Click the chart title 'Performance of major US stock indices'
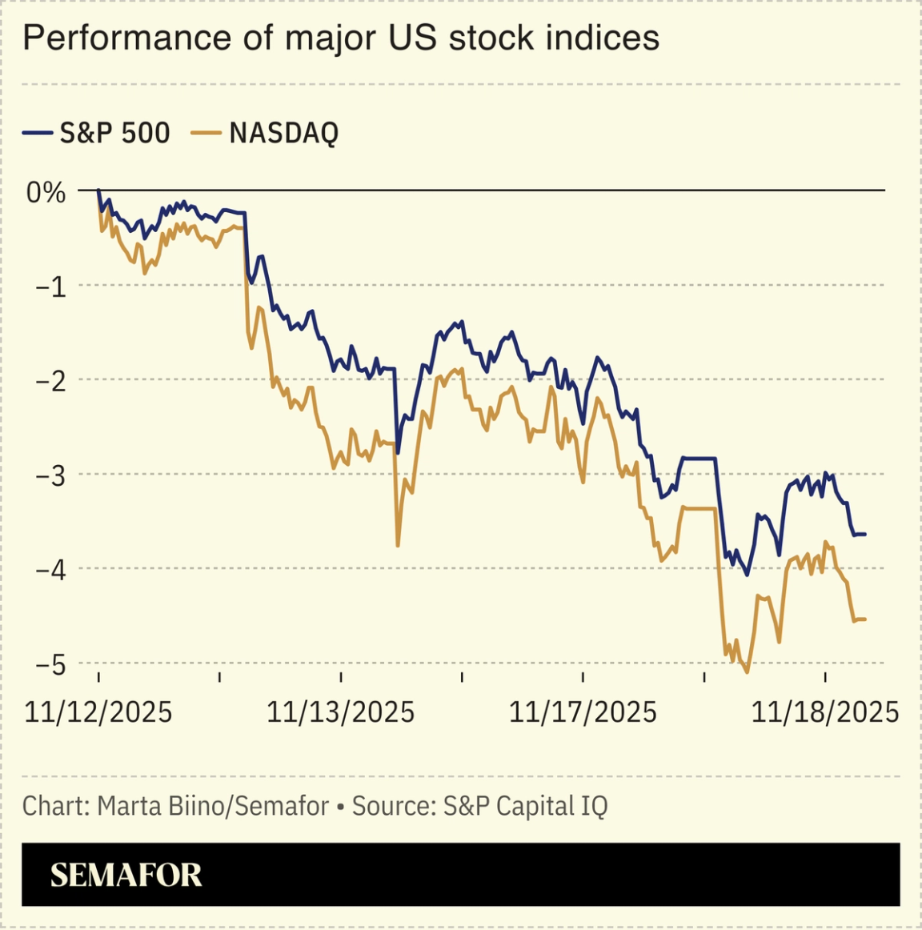tap(341, 38)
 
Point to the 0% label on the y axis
tap(46, 192)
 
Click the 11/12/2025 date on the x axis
tap(98, 712)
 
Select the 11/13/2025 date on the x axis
tap(341, 712)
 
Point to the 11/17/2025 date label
tap(583, 712)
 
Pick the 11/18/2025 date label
tap(825, 712)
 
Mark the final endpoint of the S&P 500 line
tap(865, 534)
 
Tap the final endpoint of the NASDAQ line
tap(865, 619)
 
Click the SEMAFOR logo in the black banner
tap(126, 875)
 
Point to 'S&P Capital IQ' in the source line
tap(525, 805)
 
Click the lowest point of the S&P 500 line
tap(747, 575)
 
